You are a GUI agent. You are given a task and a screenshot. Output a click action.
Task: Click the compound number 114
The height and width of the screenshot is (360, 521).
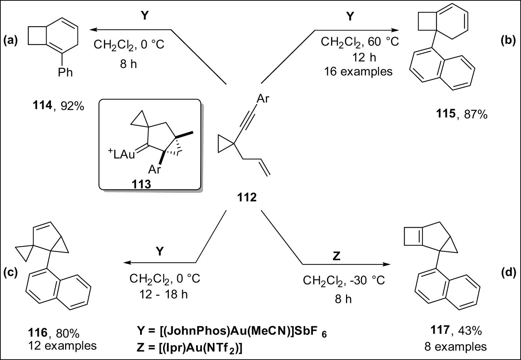click(x=42, y=106)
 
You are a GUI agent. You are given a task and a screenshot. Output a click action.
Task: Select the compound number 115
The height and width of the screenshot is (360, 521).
click(x=445, y=114)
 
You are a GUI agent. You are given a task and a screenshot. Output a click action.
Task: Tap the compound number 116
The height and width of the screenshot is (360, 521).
click(x=38, y=333)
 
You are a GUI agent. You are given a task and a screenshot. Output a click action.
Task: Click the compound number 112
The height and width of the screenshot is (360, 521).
click(x=247, y=197)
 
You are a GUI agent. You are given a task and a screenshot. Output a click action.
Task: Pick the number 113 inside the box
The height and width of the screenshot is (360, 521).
click(x=141, y=184)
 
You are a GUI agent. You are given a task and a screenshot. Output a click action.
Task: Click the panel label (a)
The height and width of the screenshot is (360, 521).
click(x=11, y=40)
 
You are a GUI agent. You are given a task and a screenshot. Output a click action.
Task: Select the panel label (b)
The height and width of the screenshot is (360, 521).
click(x=508, y=40)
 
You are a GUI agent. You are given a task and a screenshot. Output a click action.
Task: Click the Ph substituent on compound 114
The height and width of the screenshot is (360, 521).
click(x=65, y=73)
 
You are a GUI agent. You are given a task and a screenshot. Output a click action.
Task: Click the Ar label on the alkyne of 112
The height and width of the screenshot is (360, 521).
click(x=263, y=99)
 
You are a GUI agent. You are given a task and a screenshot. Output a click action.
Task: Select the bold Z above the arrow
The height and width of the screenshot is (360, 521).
click(x=337, y=256)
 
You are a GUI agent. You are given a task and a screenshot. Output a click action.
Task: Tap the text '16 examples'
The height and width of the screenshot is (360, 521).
click(x=358, y=72)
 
